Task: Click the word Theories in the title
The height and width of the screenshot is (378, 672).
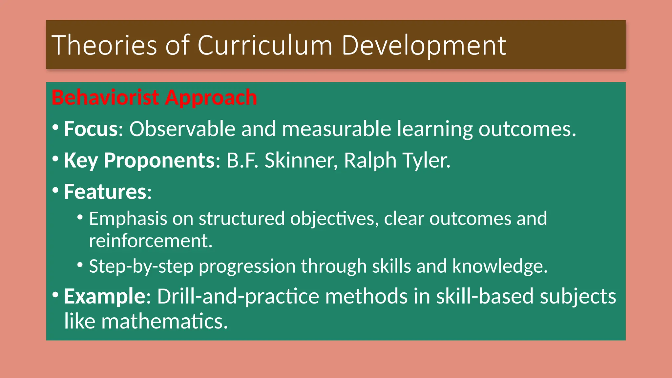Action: click(x=104, y=45)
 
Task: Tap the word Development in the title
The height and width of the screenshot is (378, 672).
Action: click(x=424, y=45)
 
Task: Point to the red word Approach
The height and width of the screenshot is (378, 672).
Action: click(x=211, y=98)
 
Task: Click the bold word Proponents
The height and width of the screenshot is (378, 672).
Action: click(x=159, y=160)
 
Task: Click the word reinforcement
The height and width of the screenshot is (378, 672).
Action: click(x=151, y=241)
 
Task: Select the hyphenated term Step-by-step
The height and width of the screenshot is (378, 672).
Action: click(x=141, y=266)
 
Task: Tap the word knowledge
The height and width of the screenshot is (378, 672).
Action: click(x=500, y=266)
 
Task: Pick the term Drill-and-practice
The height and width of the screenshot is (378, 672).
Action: click(x=238, y=296)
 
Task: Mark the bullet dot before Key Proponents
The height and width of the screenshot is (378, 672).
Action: click(x=55, y=159)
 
